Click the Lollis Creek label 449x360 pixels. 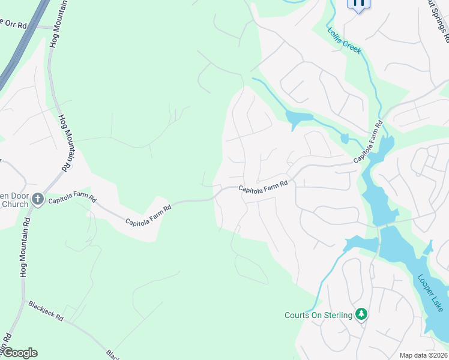344,40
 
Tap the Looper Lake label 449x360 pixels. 430,293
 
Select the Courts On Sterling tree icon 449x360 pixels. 361,314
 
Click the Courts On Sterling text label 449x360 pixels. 318,316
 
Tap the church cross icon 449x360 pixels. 38,199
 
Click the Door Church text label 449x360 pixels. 14,200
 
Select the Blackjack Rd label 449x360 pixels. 46,311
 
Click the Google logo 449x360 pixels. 19,353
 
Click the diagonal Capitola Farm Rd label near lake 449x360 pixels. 367,142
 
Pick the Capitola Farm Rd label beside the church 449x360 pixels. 72,198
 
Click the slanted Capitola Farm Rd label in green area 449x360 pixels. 148,214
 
